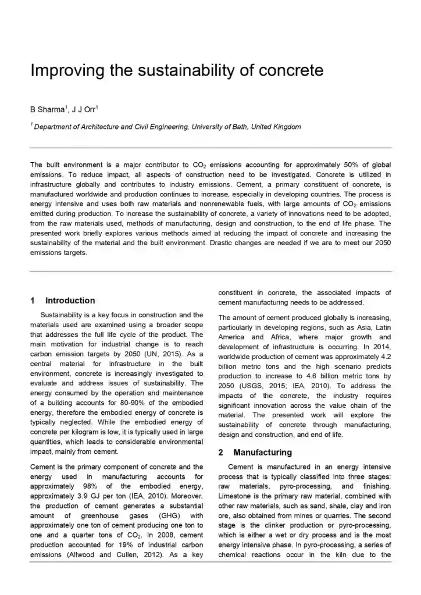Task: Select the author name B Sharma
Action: click(x=48, y=109)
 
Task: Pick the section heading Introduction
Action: click(x=70, y=300)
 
